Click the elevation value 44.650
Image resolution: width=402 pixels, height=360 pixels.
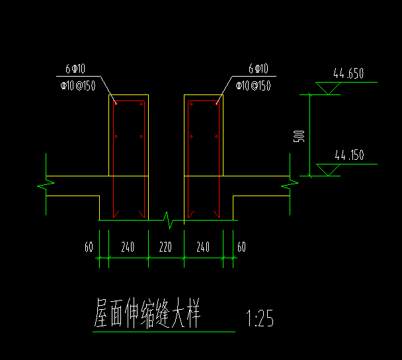point(348,74)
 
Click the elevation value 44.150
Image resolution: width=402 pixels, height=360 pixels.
point(349,157)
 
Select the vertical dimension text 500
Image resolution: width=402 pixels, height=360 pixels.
point(299,136)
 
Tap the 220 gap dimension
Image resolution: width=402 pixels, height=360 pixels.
point(165,247)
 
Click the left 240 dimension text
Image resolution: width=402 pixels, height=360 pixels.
point(128,247)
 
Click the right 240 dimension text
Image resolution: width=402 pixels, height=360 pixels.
point(203,247)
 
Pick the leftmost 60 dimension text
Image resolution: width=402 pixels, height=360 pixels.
point(89,247)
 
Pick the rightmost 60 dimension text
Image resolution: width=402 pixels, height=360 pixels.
point(241,247)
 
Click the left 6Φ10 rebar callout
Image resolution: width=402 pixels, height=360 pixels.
point(73,69)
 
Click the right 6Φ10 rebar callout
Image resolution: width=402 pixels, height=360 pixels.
point(258,69)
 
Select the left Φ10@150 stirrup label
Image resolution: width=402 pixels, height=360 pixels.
point(78,85)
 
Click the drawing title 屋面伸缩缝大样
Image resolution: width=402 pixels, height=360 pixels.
point(147,314)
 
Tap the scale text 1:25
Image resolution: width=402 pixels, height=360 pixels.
point(260,319)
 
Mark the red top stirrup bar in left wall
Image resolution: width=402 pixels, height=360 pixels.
point(129,102)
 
